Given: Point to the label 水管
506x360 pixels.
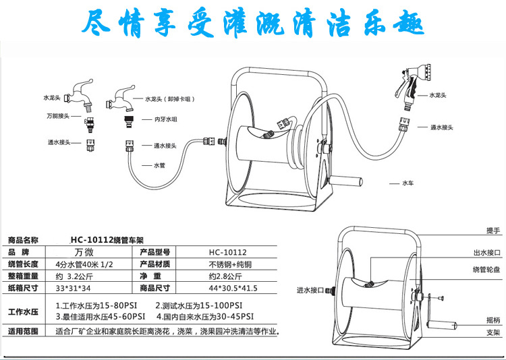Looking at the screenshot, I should (x=159, y=165).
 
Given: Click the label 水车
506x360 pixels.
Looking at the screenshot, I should (x=407, y=183).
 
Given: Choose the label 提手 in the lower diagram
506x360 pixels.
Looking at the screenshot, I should (x=492, y=231).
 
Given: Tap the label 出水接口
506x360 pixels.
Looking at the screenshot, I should (x=486, y=253).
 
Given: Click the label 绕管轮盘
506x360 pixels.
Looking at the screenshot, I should (x=486, y=269).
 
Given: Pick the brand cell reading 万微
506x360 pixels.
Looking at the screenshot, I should (x=90, y=251).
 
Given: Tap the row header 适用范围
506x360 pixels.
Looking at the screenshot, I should (x=23, y=332).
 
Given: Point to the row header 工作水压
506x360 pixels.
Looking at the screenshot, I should (x=23, y=310).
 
